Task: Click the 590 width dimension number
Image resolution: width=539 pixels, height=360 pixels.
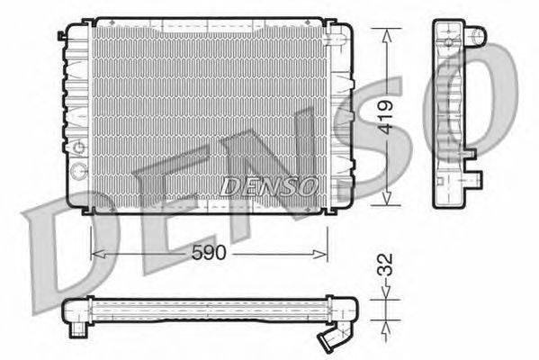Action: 209,253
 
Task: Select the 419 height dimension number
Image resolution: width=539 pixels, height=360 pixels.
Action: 386,117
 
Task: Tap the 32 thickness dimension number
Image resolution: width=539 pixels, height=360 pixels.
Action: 385,265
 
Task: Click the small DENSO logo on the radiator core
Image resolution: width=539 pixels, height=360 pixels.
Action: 268,186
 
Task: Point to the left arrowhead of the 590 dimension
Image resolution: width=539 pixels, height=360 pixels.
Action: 99,255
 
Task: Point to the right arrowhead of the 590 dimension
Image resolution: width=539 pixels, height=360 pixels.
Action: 319,255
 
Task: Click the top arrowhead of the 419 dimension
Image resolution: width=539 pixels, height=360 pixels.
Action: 387,36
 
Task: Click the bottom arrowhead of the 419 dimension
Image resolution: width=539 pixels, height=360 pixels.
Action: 387,198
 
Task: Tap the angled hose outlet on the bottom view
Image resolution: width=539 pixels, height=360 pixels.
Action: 331,338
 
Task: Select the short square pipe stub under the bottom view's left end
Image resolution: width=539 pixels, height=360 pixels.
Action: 78,330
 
